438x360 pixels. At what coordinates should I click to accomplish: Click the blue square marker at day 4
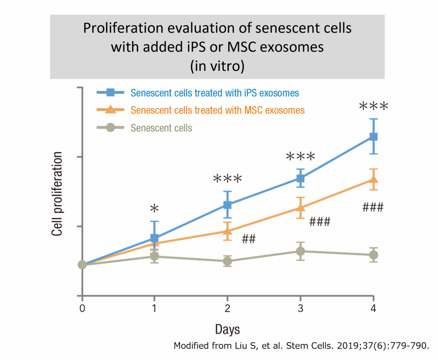point(373,136)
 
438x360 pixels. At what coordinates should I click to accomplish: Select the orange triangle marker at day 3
point(300,208)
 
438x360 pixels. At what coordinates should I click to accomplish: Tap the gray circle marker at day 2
point(228,261)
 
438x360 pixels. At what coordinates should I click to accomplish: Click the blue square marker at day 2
point(228,205)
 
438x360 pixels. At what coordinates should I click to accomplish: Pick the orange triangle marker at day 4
point(373,180)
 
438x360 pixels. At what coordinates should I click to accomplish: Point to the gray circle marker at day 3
point(300,251)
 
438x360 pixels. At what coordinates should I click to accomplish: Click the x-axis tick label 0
point(82,308)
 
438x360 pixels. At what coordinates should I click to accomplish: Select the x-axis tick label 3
point(300,308)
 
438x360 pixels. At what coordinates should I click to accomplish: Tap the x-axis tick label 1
point(154,308)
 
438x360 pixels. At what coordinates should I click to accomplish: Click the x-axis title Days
point(227,329)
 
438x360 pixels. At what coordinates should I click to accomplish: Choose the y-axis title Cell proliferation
point(57,193)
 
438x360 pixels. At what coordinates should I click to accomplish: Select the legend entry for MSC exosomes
point(218,110)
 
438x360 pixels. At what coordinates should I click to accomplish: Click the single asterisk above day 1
point(154,209)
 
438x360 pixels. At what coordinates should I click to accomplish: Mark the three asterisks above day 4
point(373,106)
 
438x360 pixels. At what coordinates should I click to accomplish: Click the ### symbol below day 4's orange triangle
point(373,208)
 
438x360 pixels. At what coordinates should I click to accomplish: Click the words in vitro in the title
point(218,66)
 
